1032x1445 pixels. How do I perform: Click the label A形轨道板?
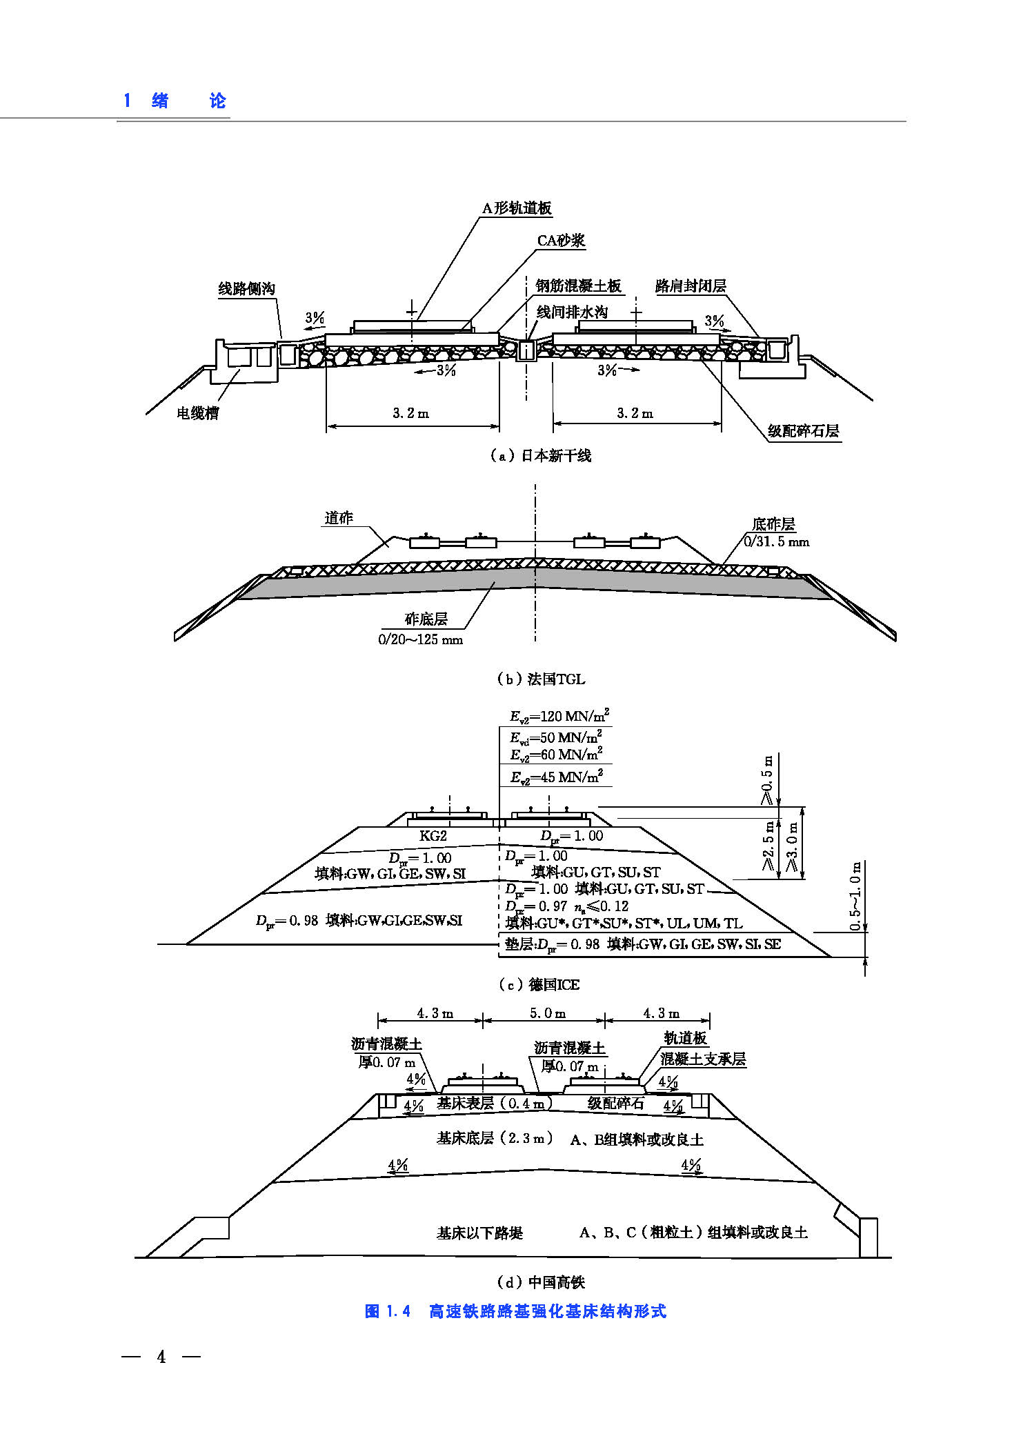click(517, 208)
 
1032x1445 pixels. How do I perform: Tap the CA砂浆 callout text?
click(561, 240)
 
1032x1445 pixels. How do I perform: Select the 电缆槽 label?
click(197, 413)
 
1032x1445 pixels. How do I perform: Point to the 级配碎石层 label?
click(803, 431)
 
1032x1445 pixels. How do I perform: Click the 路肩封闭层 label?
click(691, 286)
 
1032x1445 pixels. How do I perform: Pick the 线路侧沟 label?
click(246, 288)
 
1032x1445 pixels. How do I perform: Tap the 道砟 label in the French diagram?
click(338, 518)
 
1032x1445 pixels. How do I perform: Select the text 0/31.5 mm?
click(776, 541)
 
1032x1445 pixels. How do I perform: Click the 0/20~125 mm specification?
click(420, 639)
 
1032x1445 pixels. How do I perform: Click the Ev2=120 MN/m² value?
click(559, 716)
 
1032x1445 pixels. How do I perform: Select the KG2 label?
click(433, 835)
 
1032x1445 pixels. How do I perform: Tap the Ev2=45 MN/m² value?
click(556, 777)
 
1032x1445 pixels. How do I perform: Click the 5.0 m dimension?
click(547, 1013)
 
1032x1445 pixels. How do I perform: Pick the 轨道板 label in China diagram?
click(685, 1037)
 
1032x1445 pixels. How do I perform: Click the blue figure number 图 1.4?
click(387, 1311)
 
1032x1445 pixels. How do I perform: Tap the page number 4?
click(161, 1357)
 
